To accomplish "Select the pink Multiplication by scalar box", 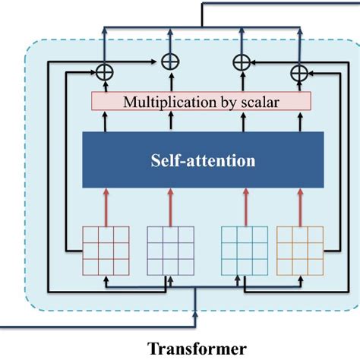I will tap(201, 100).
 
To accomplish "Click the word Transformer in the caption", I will tap(196, 349).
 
